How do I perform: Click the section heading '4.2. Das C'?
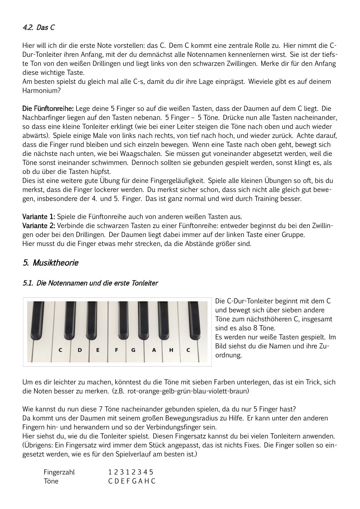[x=38, y=28]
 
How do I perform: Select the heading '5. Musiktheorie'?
[x=51, y=263]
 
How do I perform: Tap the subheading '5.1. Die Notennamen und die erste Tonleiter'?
[x=90, y=283]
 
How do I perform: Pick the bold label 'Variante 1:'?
[x=38, y=217]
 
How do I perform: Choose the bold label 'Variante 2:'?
[x=38, y=226]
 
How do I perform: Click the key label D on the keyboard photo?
[x=80, y=350]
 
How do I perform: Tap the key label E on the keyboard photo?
[x=98, y=350]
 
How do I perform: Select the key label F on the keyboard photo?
[x=116, y=350]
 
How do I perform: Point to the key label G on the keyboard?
[x=133, y=350]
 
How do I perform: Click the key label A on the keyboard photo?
[x=154, y=350]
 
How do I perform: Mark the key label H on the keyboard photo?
[x=171, y=350]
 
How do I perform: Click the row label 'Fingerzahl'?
[x=59, y=472]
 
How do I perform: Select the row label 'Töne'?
[x=51, y=481]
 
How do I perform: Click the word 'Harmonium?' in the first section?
[x=41, y=90]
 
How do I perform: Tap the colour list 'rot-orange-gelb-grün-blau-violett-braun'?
[x=188, y=391]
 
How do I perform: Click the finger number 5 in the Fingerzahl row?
[x=151, y=472]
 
